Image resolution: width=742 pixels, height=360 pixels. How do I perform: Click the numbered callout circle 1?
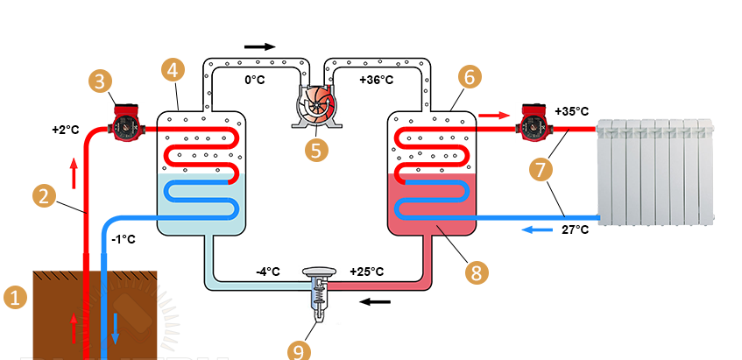pos(15,298)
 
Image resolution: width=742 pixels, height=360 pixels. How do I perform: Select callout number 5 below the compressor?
pos(316,149)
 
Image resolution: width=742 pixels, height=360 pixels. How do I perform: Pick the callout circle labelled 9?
pos(300,350)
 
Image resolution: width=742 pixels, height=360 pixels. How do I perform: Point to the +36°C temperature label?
pos(376,80)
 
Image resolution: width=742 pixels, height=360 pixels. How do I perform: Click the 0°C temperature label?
pos(255,80)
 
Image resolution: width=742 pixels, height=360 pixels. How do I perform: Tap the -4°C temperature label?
pos(267,272)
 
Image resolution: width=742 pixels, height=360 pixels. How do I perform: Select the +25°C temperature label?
pos(366,272)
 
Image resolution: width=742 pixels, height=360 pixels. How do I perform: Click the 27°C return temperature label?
pos(574,232)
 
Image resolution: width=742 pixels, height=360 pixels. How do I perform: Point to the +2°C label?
pos(66,131)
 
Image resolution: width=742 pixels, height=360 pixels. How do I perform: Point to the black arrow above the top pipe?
pos(259,46)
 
